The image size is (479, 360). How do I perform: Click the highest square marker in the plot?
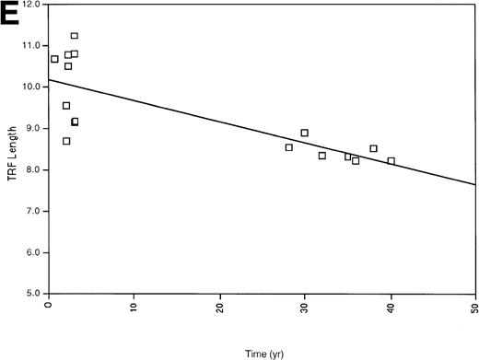[x=75, y=36]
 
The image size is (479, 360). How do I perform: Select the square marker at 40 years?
[x=391, y=161]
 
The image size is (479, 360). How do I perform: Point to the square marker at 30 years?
[x=305, y=133]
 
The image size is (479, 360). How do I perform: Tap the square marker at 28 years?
[x=288, y=147]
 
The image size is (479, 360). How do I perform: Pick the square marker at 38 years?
[x=373, y=148]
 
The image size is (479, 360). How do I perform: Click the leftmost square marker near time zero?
[x=54, y=59]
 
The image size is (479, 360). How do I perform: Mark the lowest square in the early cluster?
[x=66, y=141]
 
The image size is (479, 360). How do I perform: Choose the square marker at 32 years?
[x=321, y=156]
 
